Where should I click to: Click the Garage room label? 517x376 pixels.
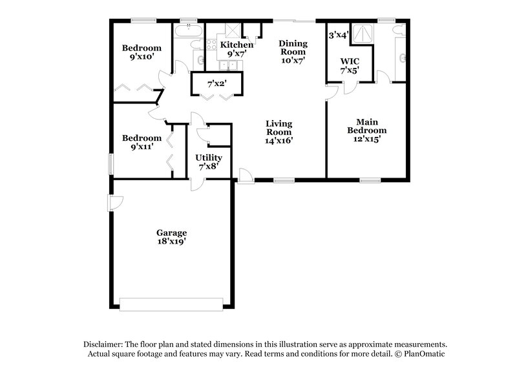pyautogui.click(x=171, y=233)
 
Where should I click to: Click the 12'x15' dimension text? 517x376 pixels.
pyautogui.click(x=367, y=138)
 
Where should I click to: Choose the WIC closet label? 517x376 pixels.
pyautogui.click(x=349, y=62)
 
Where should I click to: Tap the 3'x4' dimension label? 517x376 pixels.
pyautogui.click(x=339, y=35)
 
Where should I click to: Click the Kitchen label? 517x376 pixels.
pyautogui.click(x=237, y=45)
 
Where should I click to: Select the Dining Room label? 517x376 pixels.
pyautogui.click(x=292, y=48)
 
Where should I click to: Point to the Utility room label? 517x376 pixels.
pyautogui.click(x=209, y=158)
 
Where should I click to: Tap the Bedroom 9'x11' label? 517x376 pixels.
pyautogui.click(x=142, y=142)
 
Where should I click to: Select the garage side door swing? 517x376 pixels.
pyautogui.click(x=115, y=203)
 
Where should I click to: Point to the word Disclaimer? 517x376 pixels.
pyautogui.click(x=103, y=344)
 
